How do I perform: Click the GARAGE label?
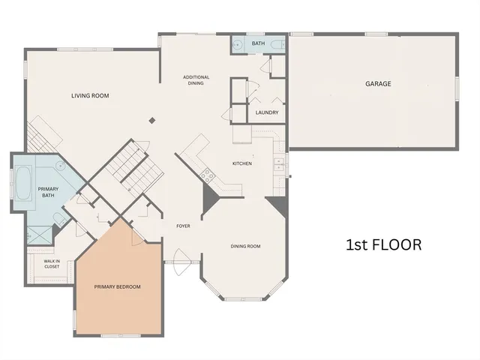click(x=378, y=84)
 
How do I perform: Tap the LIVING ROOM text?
click(x=91, y=95)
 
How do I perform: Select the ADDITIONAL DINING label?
click(x=196, y=80)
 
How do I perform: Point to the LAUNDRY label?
click(x=267, y=112)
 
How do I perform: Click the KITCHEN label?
click(x=241, y=163)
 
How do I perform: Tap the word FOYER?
click(x=182, y=226)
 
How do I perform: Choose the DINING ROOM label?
click(x=244, y=246)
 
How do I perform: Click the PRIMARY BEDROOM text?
click(x=117, y=286)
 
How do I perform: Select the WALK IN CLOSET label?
click(x=52, y=264)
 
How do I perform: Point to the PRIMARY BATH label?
click(x=47, y=192)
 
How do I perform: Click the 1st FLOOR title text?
click(x=383, y=244)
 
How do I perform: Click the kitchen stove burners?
click(x=207, y=176)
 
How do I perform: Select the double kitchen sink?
click(x=279, y=163)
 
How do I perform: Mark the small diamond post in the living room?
click(x=151, y=119)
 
